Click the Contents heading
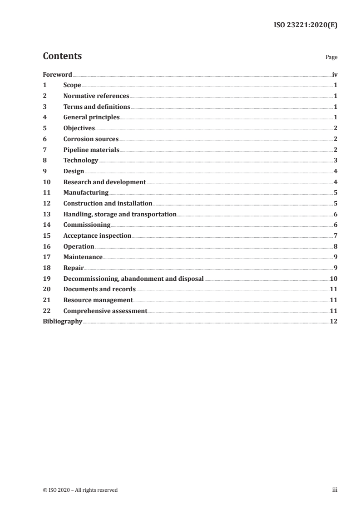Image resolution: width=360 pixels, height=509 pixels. pyautogui.click(x=62, y=56)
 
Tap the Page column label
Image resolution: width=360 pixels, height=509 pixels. pyautogui.click(x=331, y=58)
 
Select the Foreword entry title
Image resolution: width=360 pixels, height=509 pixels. pyautogui.click(x=57, y=74)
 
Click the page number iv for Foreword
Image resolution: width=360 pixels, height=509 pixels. pyautogui.click(x=335, y=74)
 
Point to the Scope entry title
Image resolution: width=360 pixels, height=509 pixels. pyautogui.click(x=72, y=85)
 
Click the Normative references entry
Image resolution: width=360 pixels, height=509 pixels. pyautogui.click(x=96, y=96)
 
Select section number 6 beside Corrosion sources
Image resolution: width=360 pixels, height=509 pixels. pyautogui.click(x=44, y=139)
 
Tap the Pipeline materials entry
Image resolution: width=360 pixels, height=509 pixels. pyautogui.click(x=91, y=150)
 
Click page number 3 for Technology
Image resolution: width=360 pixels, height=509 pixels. pyautogui.click(x=335, y=161)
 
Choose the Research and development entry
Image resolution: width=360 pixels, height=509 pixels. pyautogui.click(x=104, y=182)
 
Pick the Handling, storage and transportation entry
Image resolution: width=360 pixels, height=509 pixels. pyautogui.click(x=120, y=214)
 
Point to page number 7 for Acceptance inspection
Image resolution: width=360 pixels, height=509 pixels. pyautogui.click(x=335, y=236)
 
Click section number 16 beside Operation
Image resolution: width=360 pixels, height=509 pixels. pyautogui.click(x=46, y=246)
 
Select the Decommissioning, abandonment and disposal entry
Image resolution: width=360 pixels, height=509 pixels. pyautogui.click(x=133, y=279)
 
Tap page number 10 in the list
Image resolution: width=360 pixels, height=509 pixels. pyautogui.click(x=334, y=279)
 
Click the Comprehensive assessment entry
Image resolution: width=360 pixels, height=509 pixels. pyautogui.click(x=105, y=311)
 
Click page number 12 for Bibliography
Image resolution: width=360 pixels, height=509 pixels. pyautogui.click(x=334, y=322)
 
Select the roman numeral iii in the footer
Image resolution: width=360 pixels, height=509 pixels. pyautogui.click(x=335, y=490)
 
